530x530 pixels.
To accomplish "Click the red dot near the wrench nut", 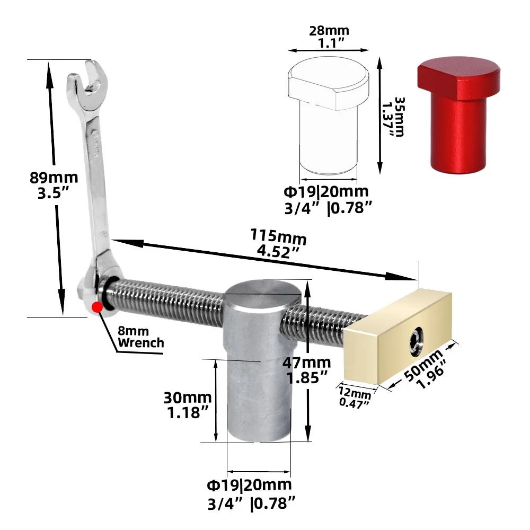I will click(x=96, y=307).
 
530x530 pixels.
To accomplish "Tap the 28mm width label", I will click(x=329, y=31).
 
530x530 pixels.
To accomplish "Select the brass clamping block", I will click(x=400, y=334).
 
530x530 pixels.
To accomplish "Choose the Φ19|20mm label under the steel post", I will click(x=249, y=484).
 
